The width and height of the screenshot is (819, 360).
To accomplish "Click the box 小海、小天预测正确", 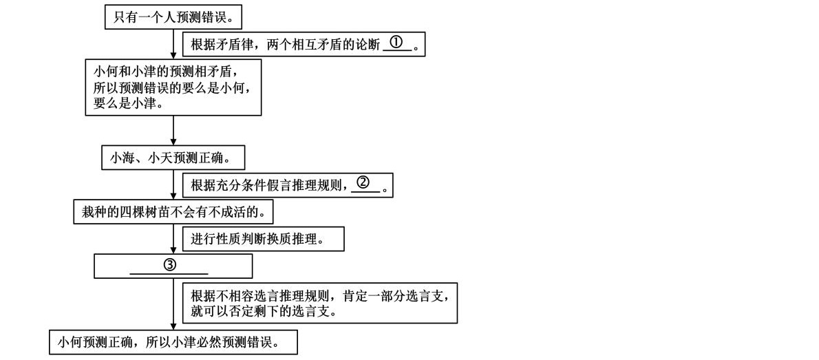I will coord(173,158).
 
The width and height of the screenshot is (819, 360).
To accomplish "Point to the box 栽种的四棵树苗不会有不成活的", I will coord(173,213).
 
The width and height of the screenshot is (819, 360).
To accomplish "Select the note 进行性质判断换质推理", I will coord(262,239).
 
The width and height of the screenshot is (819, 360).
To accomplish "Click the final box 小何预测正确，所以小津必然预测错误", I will coord(173,342).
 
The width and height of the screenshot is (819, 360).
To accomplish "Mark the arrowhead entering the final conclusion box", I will coord(173,327).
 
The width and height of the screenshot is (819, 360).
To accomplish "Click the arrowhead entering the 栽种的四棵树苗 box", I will coord(173,197).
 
